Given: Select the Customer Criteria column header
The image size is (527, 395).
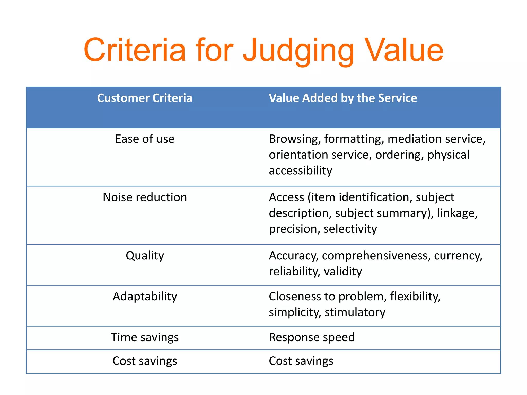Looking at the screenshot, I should click(145, 98).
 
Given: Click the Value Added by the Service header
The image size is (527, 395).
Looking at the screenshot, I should click(343, 98).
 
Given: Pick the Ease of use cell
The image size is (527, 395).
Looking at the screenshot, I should click(145, 139).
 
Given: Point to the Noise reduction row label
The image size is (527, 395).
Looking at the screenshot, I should click(145, 197).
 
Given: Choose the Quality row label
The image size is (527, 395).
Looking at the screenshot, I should click(145, 256).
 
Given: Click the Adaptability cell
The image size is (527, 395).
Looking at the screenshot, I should click(145, 296).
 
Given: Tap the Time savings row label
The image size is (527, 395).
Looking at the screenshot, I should click(145, 337).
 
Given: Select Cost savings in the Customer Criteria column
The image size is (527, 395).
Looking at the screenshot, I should click(145, 361).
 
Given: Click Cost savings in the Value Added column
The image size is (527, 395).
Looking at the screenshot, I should click(301, 361).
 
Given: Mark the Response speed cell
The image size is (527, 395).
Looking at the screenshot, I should click(312, 337).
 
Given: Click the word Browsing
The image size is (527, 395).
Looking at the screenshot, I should click(295, 139).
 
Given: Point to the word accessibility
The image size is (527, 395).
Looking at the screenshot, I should click(300, 170).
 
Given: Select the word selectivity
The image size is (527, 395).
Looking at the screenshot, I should click(350, 229).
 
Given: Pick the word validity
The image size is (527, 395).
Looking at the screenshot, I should click(342, 271).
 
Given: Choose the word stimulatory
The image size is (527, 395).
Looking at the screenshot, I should click(355, 312).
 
